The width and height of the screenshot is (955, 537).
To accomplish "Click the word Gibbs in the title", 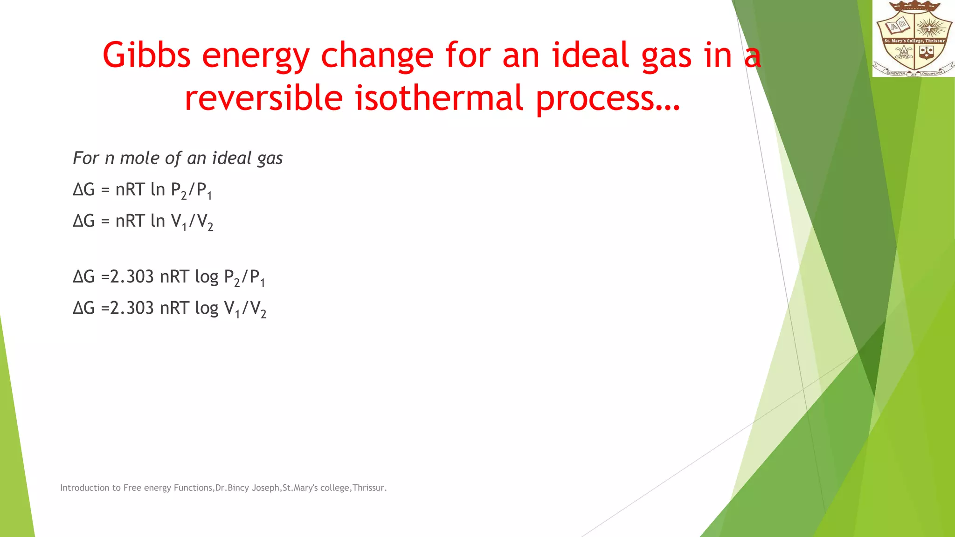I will [146, 55].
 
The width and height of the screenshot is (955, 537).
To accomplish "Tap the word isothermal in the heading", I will [439, 98].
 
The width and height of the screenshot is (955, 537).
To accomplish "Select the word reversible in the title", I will [263, 98].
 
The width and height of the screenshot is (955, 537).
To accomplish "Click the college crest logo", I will [913, 39].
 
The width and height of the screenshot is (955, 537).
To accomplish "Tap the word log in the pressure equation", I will [207, 277].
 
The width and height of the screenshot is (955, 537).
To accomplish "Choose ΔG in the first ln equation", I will [84, 190].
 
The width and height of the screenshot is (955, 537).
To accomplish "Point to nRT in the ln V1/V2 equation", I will [130, 221].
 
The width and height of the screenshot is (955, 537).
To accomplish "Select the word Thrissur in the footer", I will [368, 488].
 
